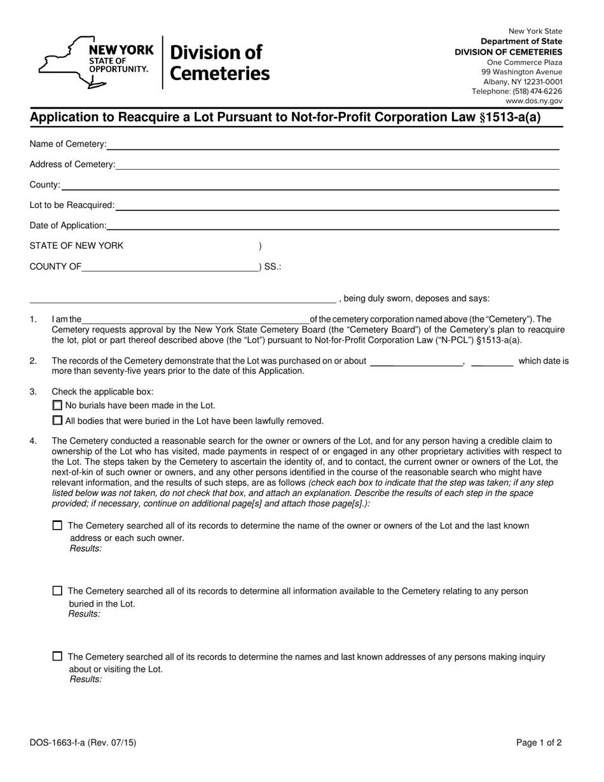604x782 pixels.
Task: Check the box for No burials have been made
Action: [58, 405]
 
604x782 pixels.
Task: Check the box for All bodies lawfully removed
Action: [58, 420]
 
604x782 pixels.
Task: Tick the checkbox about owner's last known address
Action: [58, 526]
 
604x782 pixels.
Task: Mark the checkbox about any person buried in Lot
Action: [58, 591]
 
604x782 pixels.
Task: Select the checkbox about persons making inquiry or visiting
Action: [58, 657]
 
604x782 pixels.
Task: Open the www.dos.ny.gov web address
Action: [533, 100]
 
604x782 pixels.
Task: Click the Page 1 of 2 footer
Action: [539, 742]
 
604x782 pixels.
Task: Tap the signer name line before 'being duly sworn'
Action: [182, 299]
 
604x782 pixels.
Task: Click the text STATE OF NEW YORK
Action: [77, 246]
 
